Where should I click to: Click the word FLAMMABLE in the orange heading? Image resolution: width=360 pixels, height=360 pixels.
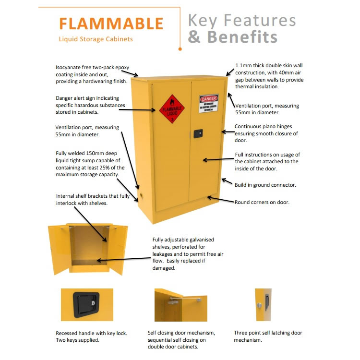click(x=111, y=23)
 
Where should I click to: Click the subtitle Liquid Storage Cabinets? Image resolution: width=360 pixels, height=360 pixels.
click(x=96, y=39)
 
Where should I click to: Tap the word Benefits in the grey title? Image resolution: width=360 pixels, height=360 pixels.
click(x=242, y=36)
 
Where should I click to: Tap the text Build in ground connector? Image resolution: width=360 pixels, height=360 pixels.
click(x=265, y=185)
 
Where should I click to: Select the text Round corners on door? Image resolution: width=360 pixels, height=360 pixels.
click(x=262, y=202)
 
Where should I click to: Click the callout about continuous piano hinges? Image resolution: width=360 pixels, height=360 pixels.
click(x=266, y=133)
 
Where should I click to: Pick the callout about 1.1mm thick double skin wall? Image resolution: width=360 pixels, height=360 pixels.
click(x=269, y=76)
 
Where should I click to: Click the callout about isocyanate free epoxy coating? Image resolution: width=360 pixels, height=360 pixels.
click(x=92, y=74)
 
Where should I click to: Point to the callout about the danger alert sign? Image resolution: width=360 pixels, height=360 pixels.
click(x=90, y=105)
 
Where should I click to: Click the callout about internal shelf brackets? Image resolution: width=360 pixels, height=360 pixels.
click(x=87, y=200)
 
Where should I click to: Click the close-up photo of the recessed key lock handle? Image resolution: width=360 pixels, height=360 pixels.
click(x=87, y=304)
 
